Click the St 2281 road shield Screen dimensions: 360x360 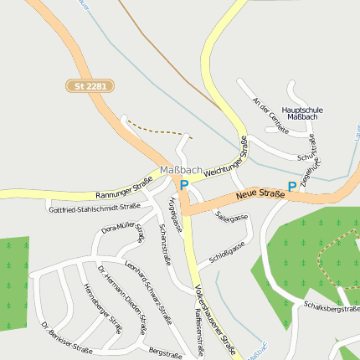click(90, 85)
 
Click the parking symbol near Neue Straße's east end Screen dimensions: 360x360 click(291, 187)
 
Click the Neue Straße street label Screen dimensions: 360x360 click(260, 194)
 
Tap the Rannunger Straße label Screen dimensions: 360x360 click(124, 186)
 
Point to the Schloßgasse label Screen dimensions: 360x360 click(227, 252)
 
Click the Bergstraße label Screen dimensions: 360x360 click(164, 352)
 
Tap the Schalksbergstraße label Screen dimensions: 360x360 click(332, 308)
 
